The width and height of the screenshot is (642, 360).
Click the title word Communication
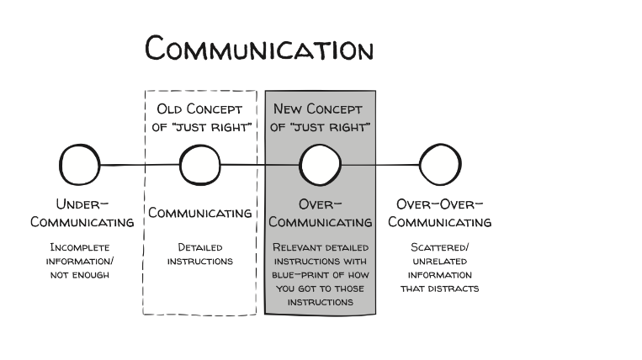click(259, 48)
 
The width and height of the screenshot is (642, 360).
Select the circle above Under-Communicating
click(81, 164)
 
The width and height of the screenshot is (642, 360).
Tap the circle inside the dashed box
click(200, 164)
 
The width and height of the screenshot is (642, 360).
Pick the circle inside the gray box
click(321, 164)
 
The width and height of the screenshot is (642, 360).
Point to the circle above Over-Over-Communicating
click(441, 164)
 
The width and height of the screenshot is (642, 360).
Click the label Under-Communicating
click(82, 214)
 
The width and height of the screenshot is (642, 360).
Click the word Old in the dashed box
click(171, 109)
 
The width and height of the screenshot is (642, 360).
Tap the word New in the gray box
click(289, 109)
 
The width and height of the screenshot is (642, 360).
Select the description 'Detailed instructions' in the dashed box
click(199, 254)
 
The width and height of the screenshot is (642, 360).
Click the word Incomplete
click(82, 247)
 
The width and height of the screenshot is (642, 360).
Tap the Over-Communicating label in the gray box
click(321, 214)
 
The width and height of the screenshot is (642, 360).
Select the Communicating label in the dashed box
click(200, 214)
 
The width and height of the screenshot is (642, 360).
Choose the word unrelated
click(440, 261)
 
